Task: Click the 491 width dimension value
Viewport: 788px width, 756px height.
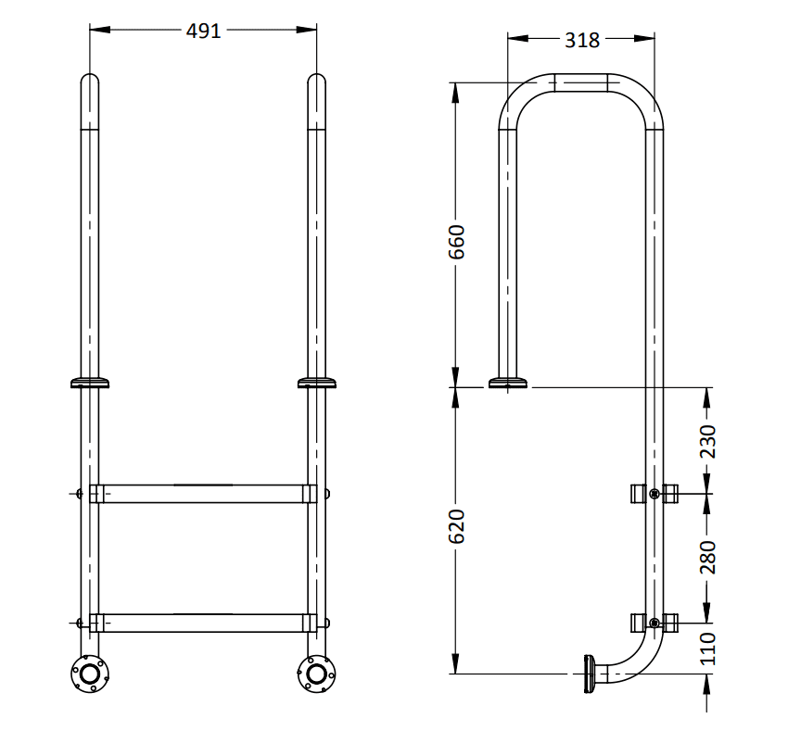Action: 203,31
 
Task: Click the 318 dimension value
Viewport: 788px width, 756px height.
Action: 581,40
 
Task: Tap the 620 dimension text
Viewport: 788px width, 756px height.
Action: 456,526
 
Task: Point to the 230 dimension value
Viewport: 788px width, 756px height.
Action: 707,441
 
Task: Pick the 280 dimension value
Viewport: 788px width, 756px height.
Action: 707,558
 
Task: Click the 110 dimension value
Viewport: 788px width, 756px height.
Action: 707,649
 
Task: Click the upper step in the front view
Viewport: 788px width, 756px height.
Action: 202,493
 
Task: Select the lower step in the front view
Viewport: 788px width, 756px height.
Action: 202,623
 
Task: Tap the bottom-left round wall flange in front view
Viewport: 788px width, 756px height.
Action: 90,674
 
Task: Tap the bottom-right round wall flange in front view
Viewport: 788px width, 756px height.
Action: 315,674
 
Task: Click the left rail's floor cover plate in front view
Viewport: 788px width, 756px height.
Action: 90,382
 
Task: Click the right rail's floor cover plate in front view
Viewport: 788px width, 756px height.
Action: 316,382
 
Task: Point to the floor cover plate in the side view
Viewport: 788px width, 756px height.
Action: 508,382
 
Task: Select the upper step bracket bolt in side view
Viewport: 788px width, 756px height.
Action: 655,494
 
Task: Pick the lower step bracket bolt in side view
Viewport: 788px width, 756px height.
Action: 655,623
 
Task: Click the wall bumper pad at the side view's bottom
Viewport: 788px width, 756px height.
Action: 588,674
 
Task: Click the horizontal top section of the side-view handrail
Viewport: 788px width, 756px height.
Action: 581,82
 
